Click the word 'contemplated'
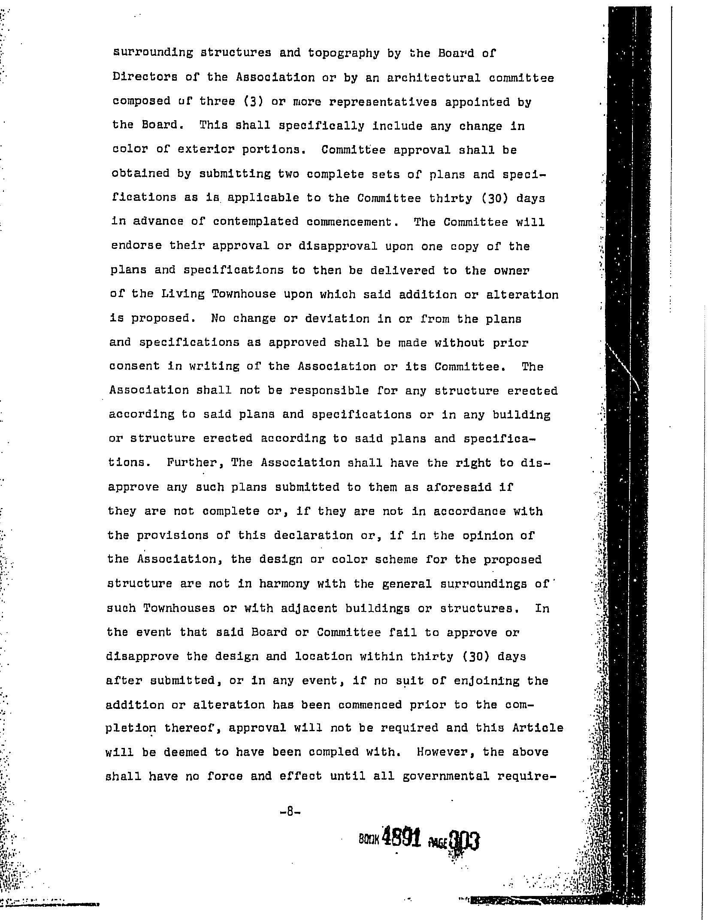pos(255,222)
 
